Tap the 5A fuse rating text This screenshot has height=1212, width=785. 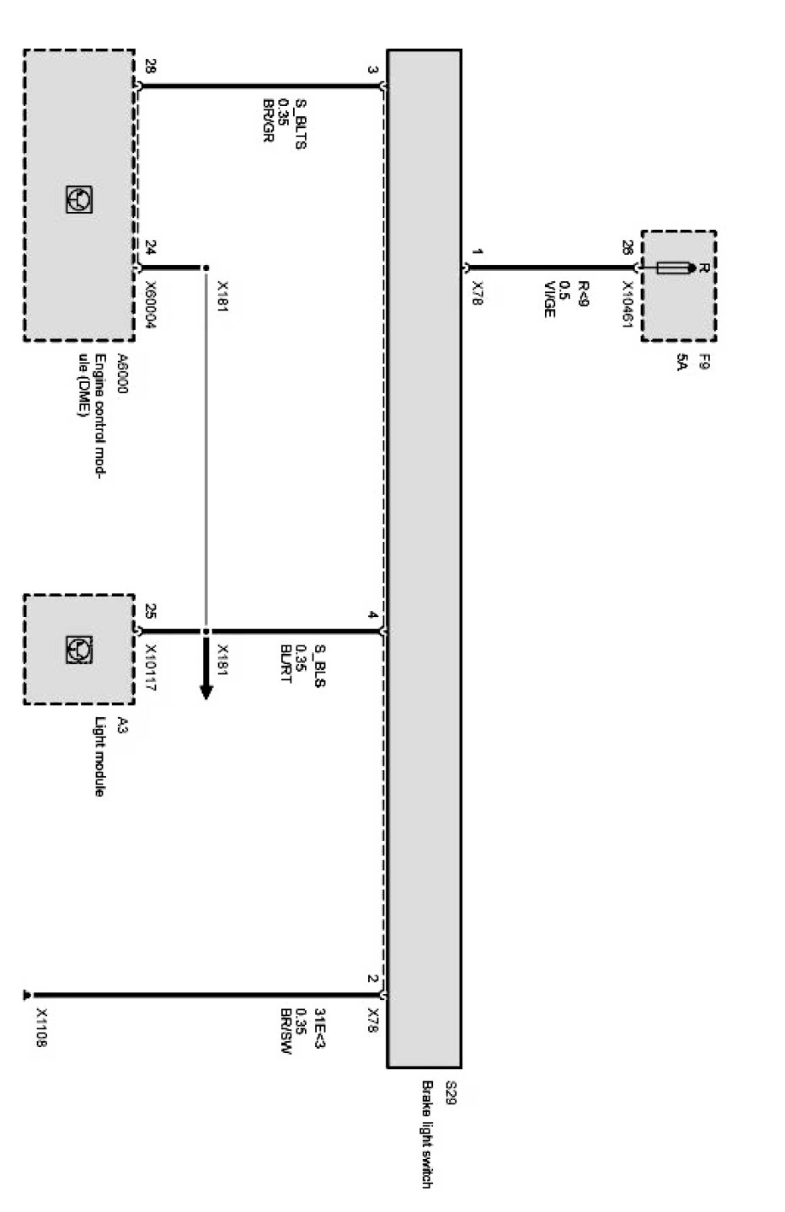684,364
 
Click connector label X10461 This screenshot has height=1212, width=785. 627,304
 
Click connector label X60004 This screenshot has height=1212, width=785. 151,305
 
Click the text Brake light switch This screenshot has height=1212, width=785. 428,1134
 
